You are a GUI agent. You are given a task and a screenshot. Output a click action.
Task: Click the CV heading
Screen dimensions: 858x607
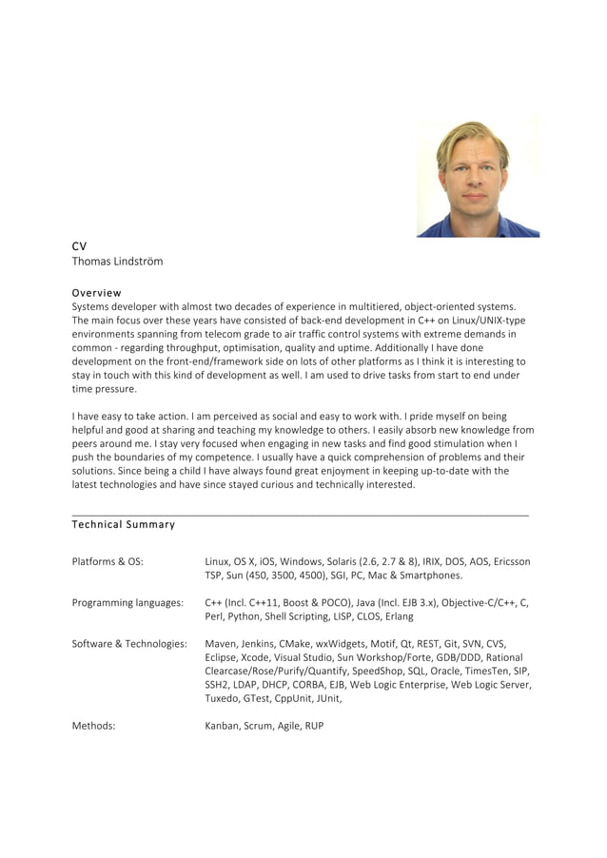click(79, 245)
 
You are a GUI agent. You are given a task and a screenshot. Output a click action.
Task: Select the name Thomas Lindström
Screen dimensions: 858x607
click(117, 261)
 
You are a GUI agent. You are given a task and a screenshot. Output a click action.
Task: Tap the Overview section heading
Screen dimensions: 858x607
click(96, 292)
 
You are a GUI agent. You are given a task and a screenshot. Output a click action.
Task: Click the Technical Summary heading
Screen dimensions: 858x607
click(124, 524)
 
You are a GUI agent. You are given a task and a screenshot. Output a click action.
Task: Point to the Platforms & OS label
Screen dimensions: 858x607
click(108, 561)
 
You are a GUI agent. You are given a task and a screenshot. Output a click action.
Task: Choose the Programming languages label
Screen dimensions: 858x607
click(127, 602)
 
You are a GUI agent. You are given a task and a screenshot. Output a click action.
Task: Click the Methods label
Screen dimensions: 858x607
click(93, 725)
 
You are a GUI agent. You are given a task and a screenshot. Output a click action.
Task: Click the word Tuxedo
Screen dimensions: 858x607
click(224, 698)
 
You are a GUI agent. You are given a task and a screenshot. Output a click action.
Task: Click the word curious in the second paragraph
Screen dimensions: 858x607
click(316, 484)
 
